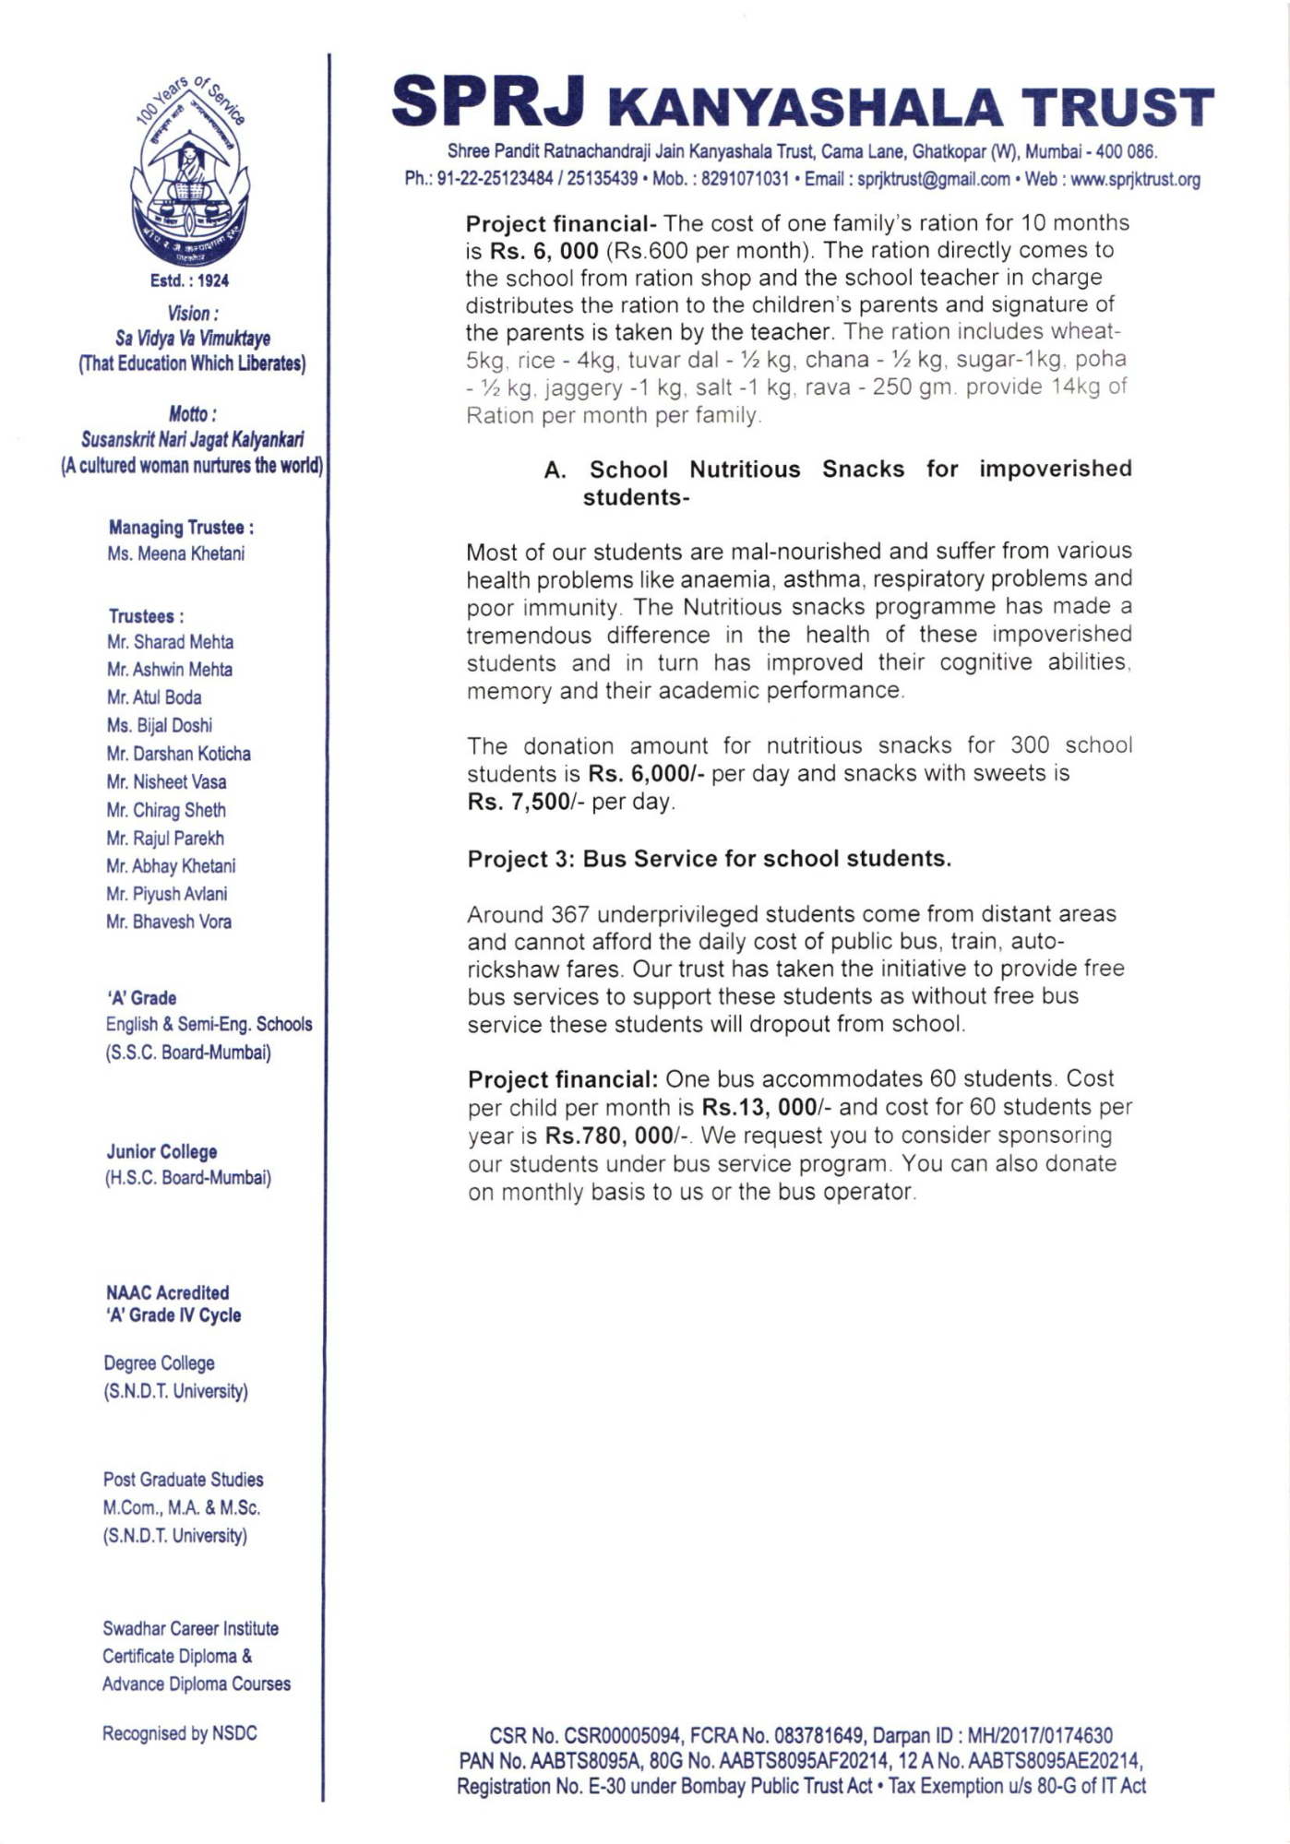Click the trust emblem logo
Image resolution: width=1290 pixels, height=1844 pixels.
[x=189, y=175]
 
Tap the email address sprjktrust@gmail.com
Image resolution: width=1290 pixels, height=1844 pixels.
[x=933, y=179]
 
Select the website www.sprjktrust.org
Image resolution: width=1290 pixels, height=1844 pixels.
[x=1135, y=179]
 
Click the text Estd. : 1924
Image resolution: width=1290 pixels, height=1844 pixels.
[x=189, y=280]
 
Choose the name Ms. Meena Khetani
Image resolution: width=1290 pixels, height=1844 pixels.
[x=175, y=553]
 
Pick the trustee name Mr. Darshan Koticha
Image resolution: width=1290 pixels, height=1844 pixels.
[x=178, y=754]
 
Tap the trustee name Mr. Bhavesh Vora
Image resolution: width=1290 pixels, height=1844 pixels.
[x=169, y=922]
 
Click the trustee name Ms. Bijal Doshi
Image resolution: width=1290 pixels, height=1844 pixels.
[x=160, y=725]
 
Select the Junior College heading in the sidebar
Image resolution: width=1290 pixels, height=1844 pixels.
[x=161, y=1151]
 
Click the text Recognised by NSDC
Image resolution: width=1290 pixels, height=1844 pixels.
[x=180, y=1733]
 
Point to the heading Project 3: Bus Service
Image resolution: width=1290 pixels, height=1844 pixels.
[x=709, y=859]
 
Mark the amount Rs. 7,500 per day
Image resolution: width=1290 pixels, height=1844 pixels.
[x=518, y=802]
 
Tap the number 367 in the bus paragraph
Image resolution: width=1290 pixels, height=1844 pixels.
[x=569, y=914]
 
